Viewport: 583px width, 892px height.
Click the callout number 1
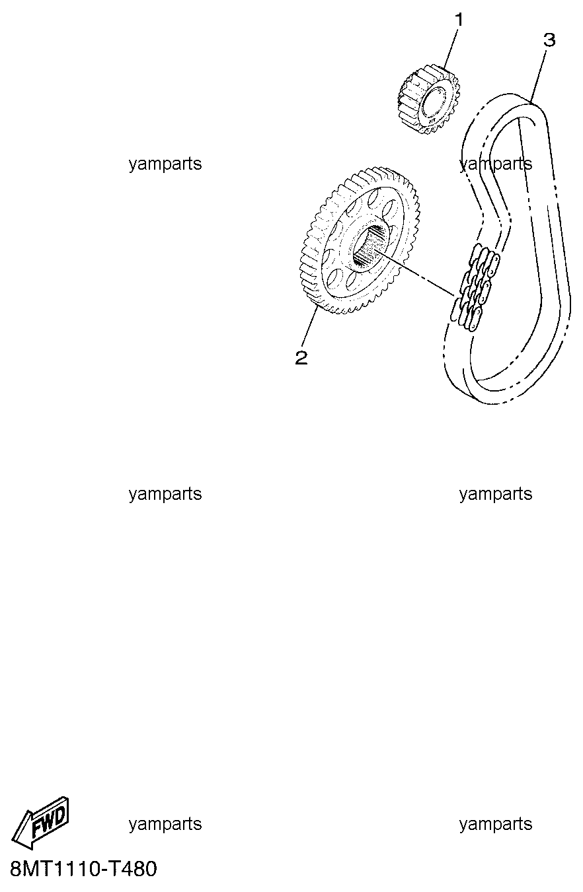click(459, 20)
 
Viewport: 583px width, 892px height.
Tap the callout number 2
click(301, 358)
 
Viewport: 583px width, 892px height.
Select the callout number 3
click(549, 40)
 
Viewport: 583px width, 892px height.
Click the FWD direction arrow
click(40, 825)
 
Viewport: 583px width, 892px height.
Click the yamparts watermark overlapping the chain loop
click(495, 164)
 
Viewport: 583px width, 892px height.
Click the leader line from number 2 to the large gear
click(309, 327)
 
